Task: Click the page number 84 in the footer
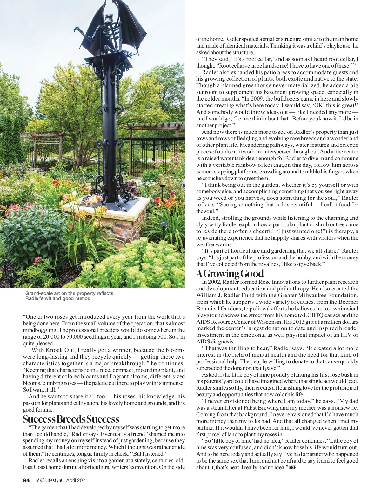(26, 480)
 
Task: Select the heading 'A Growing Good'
(230, 273)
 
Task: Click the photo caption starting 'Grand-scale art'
(69, 296)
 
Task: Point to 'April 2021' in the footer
(77, 480)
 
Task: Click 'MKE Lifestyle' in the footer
(49, 480)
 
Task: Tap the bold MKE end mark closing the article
(292, 468)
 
